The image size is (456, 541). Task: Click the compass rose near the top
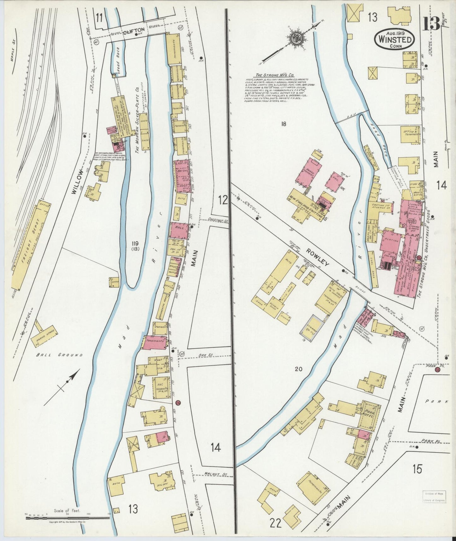point(297,38)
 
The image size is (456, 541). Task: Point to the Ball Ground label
point(59,355)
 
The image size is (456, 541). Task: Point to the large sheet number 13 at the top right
point(431,23)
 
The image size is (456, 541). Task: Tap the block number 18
point(283,124)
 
